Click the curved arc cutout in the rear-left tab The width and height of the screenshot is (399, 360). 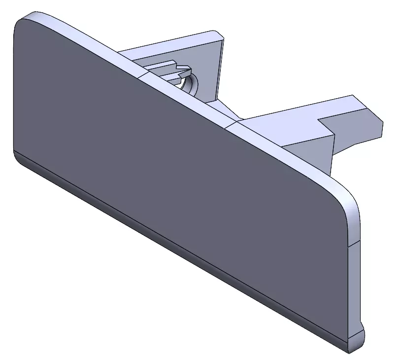(x=190, y=82)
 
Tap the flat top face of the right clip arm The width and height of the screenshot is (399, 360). (x=296, y=116)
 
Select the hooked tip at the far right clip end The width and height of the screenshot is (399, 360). (x=377, y=126)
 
